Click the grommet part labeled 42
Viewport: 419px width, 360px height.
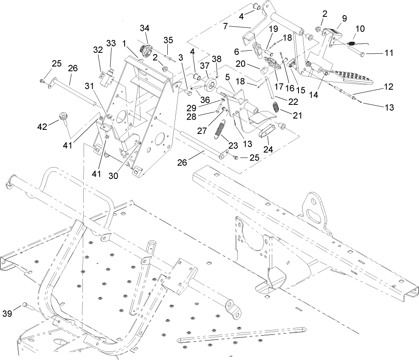click(x=64, y=116)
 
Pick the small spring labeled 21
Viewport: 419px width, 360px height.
click(x=277, y=108)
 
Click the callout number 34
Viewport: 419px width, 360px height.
click(x=144, y=28)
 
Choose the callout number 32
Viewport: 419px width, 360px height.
click(x=98, y=50)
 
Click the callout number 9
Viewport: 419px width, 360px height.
click(x=344, y=18)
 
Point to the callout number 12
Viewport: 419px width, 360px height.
click(x=388, y=87)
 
